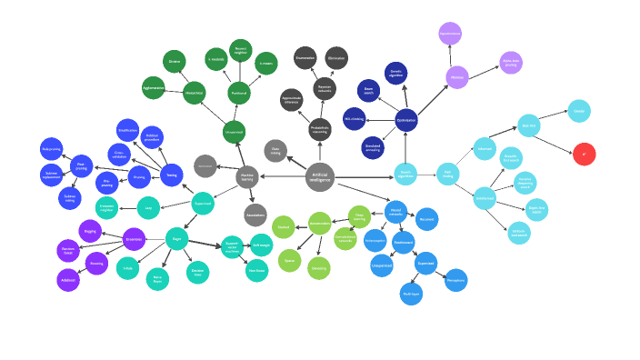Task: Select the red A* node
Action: (x=585, y=154)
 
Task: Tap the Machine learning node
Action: (x=247, y=177)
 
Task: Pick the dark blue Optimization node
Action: (x=406, y=120)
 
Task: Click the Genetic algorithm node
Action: (x=396, y=74)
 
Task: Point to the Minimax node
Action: (x=457, y=77)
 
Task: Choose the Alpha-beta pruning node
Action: (x=511, y=63)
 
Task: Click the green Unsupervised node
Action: (x=234, y=132)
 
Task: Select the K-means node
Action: (x=265, y=64)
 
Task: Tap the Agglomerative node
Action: (x=153, y=88)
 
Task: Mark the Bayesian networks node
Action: (x=325, y=88)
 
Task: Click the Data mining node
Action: (x=275, y=151)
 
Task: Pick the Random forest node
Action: (x=68, y=250)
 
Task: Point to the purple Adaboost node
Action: (x=68, y=280)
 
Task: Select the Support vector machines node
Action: (x=231, y=246)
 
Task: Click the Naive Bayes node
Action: (x=157, y=279)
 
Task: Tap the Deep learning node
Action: (x=359, y=216)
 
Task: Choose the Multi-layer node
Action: (x=411, y=294)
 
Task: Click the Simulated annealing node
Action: (x=373, y=147)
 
